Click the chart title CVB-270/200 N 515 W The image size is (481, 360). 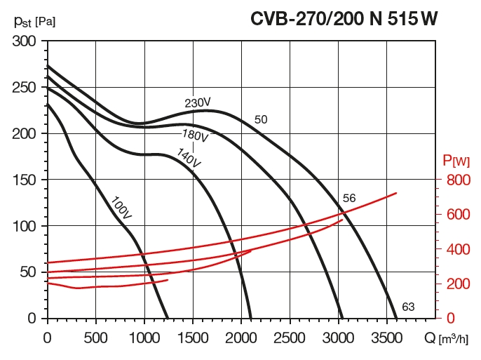point(344,19)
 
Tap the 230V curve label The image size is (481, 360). point(198,103)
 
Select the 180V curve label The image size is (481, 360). point(196,134)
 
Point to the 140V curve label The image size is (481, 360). point(189,158)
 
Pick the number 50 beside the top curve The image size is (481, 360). point(261,120)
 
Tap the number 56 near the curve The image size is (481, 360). point(349,199)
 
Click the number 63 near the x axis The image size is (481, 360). point(409,307)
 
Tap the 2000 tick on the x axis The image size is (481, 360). point(241,337)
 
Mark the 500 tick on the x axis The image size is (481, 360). point(95,337)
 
